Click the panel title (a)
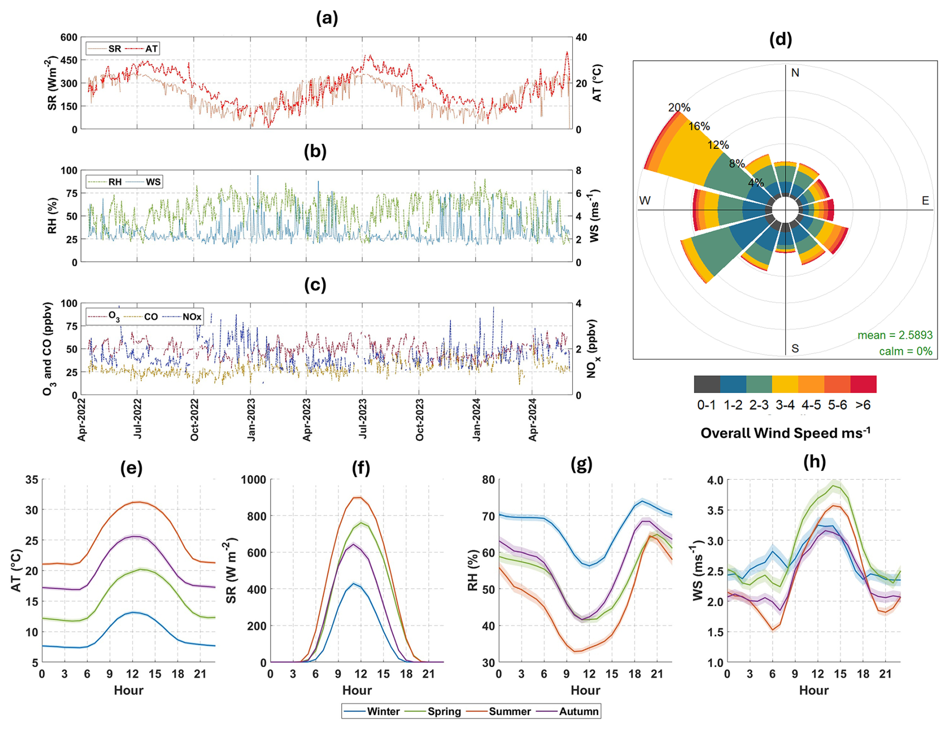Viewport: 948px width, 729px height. click(327, 19)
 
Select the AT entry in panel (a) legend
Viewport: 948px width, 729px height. click(151, 49)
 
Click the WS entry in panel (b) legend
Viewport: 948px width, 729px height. click(153, 182)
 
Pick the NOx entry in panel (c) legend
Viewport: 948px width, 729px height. click(192, 317)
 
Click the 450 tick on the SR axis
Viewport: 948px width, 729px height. click(69, 61)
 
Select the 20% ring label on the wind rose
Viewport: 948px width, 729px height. click(679, 108)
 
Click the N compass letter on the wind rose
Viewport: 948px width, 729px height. click(795, 73)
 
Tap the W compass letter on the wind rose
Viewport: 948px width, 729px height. click(645, 201)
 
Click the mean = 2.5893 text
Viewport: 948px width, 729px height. click(895, 335)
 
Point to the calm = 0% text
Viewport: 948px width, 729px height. click(905, 351)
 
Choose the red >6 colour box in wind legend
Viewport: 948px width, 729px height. click(863, 384)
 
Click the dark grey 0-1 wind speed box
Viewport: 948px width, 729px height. click(706, 384)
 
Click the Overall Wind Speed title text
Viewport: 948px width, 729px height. click(785, 433)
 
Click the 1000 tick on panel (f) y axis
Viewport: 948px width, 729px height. click(253, 480)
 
